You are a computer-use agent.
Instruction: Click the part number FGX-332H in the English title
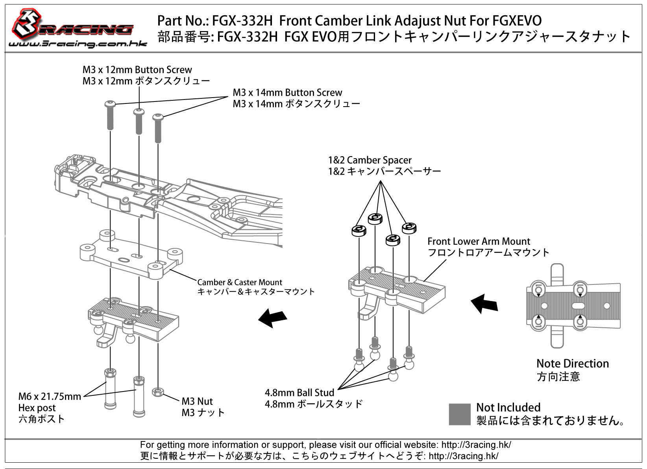tap(242, 21)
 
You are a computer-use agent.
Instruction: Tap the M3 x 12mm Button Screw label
tap(137, 70)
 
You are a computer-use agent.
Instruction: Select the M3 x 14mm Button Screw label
tap(287, 92)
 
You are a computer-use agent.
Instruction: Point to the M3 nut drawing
tap(158, 392)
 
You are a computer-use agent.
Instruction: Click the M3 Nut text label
tap(197, 401)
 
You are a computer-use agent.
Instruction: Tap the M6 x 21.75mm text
tap(50, 396)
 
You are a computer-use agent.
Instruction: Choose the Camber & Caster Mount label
tap(240, 282)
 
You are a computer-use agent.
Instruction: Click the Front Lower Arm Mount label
tap(479, 241)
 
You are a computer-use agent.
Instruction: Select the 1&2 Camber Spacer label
tap(370, 160)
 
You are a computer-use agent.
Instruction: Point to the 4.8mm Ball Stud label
tap(299, 392)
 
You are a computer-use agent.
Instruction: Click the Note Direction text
tap(573, 363)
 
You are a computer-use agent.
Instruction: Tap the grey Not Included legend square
tap(460, 414)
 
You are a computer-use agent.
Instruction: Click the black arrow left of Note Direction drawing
tap(484, 304)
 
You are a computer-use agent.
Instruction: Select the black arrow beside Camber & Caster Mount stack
tap(272, 318)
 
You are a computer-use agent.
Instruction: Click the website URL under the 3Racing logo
tap(78, 44)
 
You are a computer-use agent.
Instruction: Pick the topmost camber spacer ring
tap(375, 219)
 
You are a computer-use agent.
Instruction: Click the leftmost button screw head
tap(110, 104)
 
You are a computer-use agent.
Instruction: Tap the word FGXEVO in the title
tap(517, 21)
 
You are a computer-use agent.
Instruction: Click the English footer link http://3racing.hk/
tap(476, 445)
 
